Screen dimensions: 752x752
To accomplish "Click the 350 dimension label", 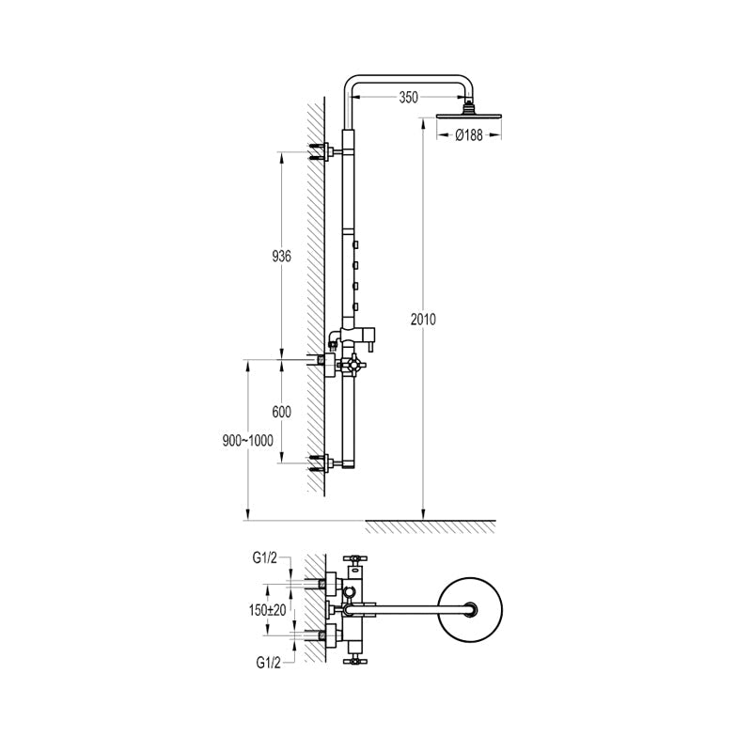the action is pyautogui.click(x=408, y=98).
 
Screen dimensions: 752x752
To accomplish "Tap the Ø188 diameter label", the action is pyautogui.click(x=469, y=135).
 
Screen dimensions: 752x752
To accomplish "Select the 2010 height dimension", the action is pyautogui.click(x=423, y=319).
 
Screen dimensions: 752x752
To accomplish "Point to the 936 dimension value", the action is pyautogui.click(x=281, y=256).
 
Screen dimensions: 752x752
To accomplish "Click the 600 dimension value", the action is pyautogui.click(x=281, y=412).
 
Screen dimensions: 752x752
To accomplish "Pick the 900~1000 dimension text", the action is pyautogui.click(x=247, y=440).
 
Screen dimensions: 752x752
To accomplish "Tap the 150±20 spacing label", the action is pyautogui.click(x=268, y=610).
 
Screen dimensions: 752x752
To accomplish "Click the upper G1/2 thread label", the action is pyautogui.click(x=265, y=557).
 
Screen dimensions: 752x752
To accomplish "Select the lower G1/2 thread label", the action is pyautogui.click(x=268, y=663).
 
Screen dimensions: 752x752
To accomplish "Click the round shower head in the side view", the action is pyautogui.click(x=469, y=116).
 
